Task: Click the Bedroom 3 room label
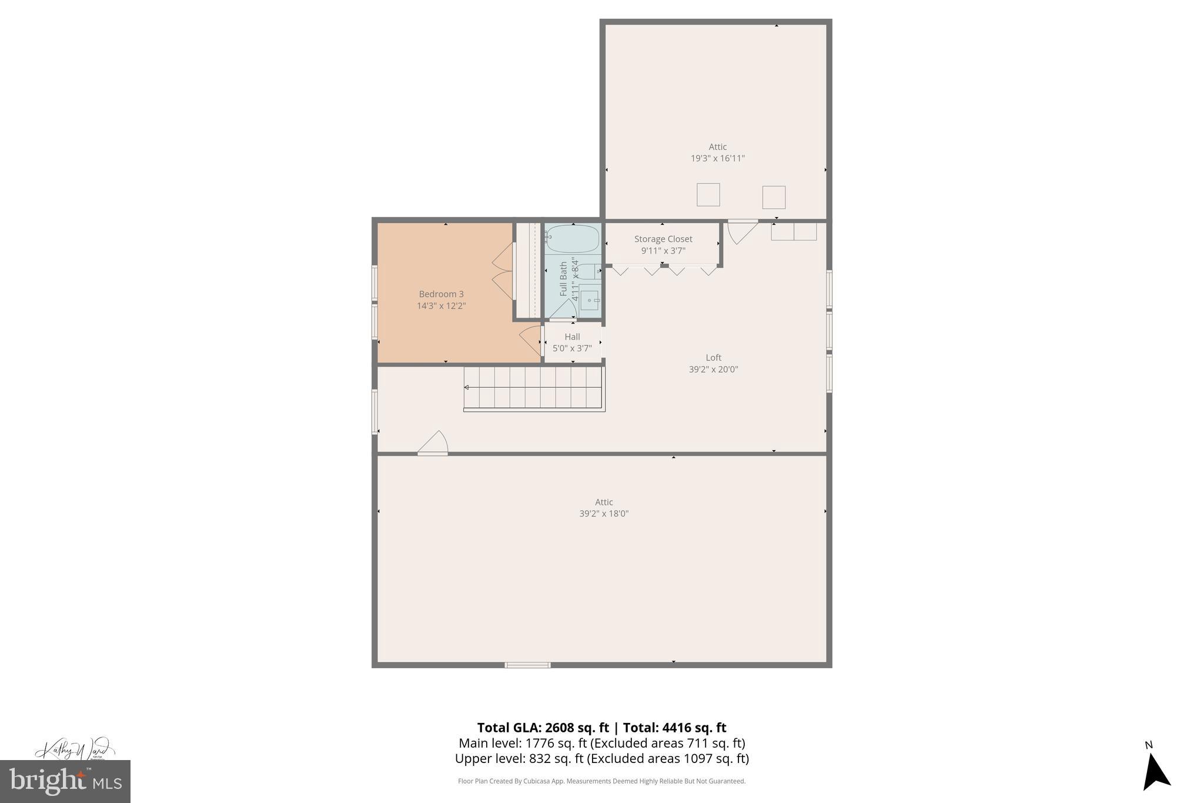[x=441, y=294]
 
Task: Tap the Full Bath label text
[x=564, y=279]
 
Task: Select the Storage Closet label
[x=663, y=239]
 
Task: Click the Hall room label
[x=572, y=337]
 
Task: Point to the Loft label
[x=713, y=358]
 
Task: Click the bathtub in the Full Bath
[x=572, y=239]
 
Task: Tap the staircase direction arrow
[x=467, y=387]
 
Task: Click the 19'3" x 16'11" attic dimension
[x=717, y=158]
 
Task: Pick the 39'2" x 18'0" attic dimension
[x=604, y=514]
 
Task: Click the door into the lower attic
[x=434, y=445]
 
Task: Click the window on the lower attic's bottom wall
[x=527, y=665]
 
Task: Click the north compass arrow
[x=1155, y=772]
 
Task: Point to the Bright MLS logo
[x=65, y=781]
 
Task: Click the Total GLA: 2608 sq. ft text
[x=543, y=728]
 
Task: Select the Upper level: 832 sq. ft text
[x=519, y=759]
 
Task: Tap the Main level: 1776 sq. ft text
[x=523, y=744]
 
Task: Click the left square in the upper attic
[x=708, y=195]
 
